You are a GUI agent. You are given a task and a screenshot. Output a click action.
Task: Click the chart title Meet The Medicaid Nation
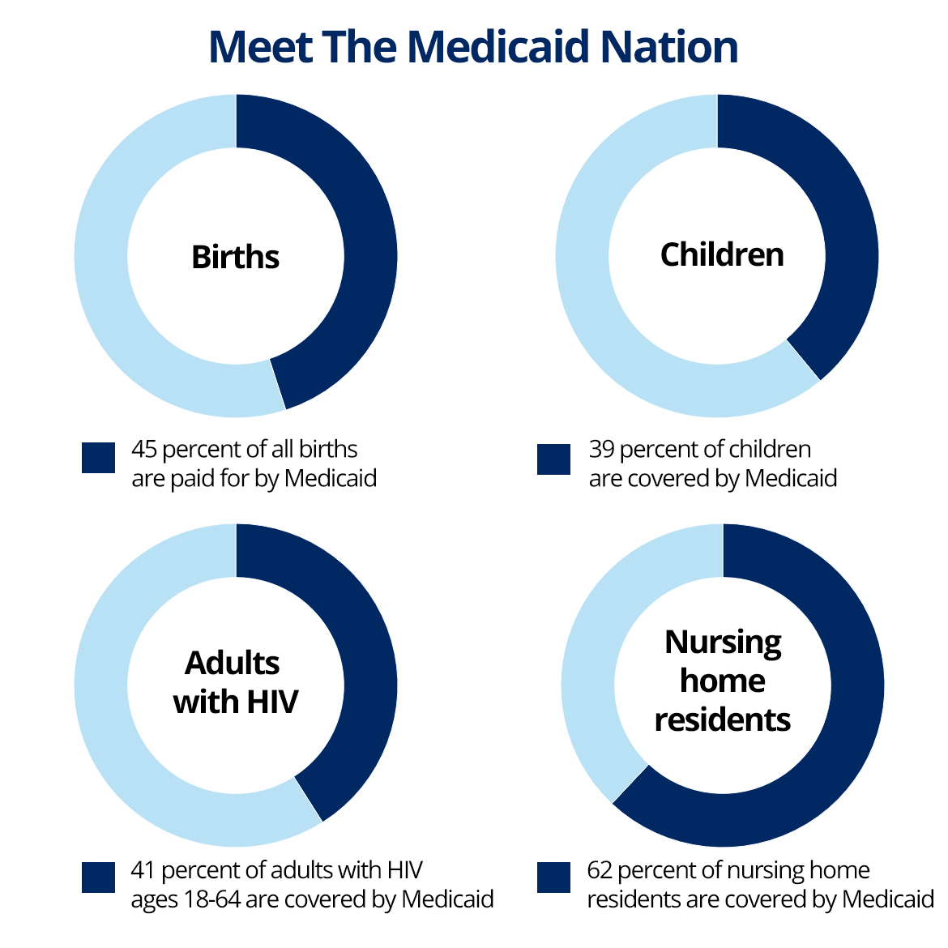[x=473, y=47]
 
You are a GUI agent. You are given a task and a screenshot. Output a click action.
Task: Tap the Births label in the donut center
[x=236, y=257]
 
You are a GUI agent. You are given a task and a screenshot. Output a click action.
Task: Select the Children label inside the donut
[x=722, y=254]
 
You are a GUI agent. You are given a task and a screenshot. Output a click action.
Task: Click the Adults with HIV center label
[x=236, y=682]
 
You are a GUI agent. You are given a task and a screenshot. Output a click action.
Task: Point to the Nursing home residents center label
[x=723, y=681]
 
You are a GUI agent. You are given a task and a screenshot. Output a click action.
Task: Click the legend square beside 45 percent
[x=99, y=458]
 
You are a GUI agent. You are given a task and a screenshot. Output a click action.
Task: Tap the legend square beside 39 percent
[x=554, y=459]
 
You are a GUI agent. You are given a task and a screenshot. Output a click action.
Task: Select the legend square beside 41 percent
[x=99, y=877]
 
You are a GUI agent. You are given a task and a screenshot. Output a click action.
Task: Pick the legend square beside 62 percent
[x=554, y=877]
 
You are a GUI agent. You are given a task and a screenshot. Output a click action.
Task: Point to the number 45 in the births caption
[x=144, y=450]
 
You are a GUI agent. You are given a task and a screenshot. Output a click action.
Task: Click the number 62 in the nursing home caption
[x=600, y=871]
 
